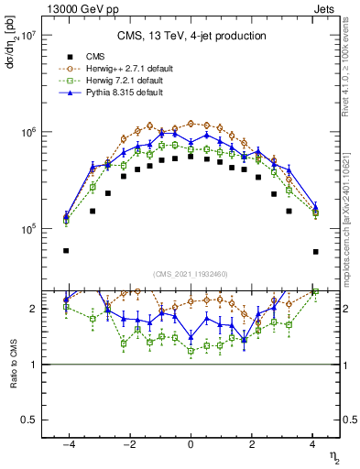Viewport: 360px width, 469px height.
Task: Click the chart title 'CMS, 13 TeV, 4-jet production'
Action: (191, 37)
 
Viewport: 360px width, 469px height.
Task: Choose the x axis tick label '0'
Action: (191, 445)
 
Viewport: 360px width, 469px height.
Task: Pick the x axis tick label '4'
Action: (314, 445)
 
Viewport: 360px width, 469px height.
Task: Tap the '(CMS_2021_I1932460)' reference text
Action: (191, 273)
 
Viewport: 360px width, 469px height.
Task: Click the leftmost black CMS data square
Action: (66, 250)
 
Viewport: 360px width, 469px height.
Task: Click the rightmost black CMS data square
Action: (315, 251)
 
